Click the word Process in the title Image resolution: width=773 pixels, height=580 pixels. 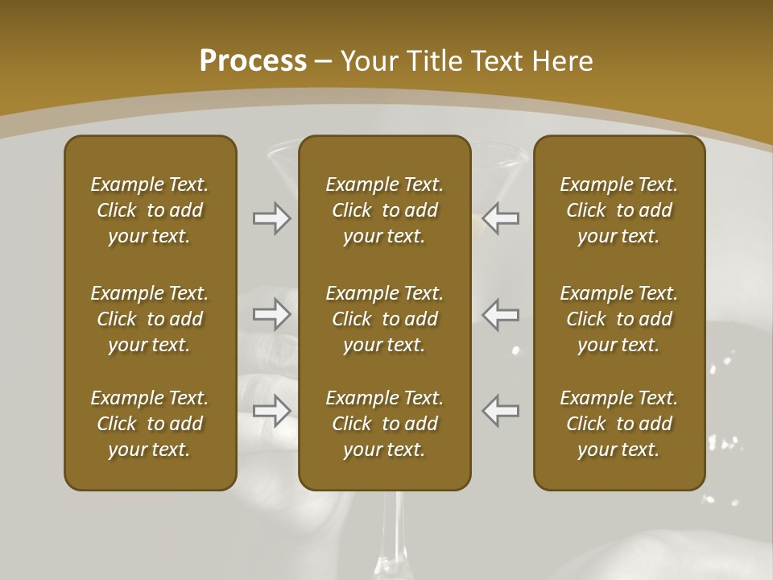(x=253, y=61)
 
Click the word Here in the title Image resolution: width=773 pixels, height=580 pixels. (x=561, y=61)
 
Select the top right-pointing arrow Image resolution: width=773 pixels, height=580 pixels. (x=271, y=218)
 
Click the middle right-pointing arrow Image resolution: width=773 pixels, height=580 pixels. (x=271, y=314)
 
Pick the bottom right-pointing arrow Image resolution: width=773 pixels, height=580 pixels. (x=271, y=411)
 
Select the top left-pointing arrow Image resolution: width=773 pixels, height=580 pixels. (x=501, y=218)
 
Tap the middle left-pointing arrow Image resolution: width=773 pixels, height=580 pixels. (x=501, y=314)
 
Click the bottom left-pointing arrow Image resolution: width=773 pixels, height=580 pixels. (x=501, y=411)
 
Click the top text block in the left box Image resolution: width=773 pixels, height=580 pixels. (x=150, y=210)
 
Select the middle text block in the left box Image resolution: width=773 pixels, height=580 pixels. (x=150, y=319)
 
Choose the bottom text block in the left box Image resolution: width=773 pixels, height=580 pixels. (x=150, y=424)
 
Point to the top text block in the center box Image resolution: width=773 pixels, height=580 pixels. (x=384, y=210)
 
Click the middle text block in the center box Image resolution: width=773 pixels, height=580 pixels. (x=384, y=319)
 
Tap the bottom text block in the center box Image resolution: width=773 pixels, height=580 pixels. (x=384, y=424)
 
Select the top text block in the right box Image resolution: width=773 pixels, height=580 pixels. (x=618, y=210)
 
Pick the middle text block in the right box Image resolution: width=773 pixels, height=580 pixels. (x=618, y=319)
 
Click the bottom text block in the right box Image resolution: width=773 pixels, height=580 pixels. (x=618, y=424)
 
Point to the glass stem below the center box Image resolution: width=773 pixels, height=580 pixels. (x=390, y=536)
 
